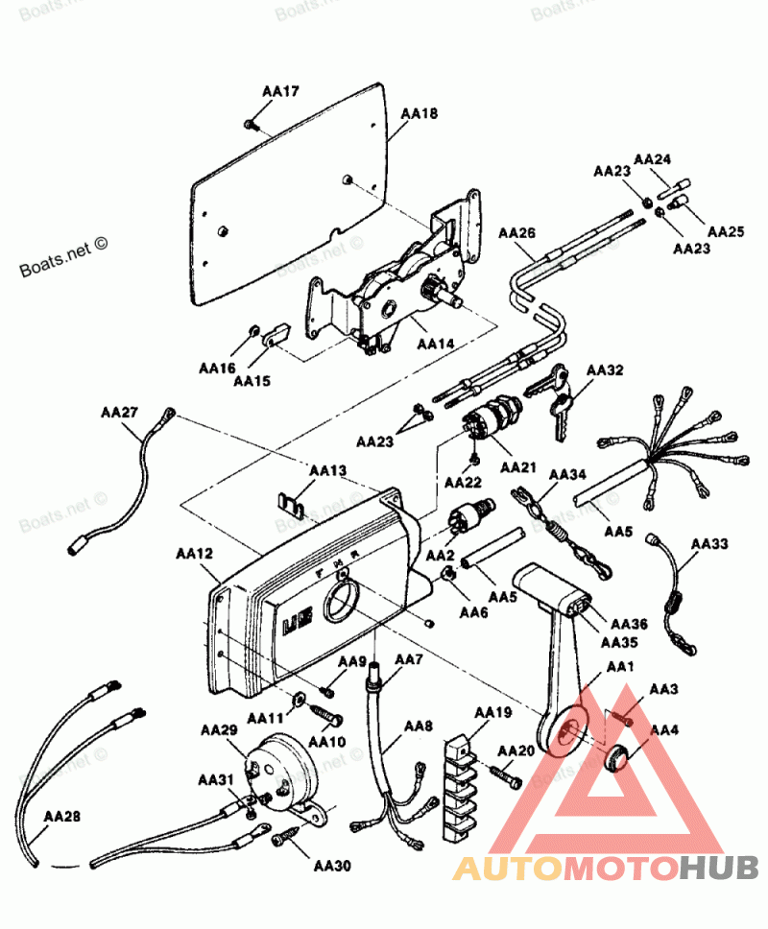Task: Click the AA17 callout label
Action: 280,91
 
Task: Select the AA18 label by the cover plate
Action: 419,113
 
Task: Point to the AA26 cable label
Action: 516,233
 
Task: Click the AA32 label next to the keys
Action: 605,369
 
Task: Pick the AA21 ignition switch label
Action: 519,466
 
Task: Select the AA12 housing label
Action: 194,554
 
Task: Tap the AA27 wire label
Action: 119,412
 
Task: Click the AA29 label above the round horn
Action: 219,730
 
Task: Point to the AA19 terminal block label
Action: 493,713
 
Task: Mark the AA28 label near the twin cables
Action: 62,817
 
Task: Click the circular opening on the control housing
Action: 342,606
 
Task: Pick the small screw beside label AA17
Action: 251,124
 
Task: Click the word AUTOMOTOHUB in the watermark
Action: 605,869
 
